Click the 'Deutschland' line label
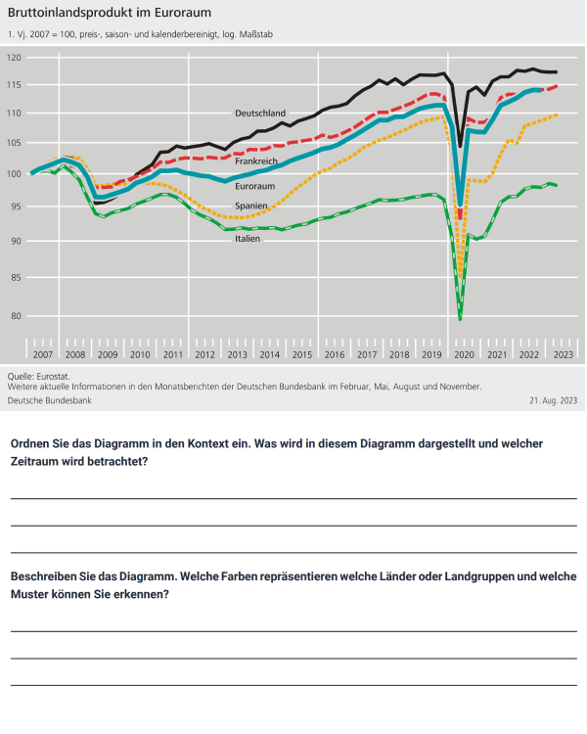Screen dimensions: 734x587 259,114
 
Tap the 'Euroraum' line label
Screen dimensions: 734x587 255,186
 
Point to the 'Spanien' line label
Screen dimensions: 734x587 251,206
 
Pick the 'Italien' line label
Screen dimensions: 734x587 248,239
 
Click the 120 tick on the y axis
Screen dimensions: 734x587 14,59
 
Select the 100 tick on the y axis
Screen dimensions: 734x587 14,174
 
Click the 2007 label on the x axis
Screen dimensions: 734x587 43,354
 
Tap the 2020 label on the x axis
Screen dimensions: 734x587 464,354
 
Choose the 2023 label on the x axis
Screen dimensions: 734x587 563,354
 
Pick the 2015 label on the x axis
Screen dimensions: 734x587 302,354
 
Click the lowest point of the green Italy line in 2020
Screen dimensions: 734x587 460,318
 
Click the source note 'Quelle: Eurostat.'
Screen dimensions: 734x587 39,376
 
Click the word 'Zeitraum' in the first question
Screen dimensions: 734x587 38,462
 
